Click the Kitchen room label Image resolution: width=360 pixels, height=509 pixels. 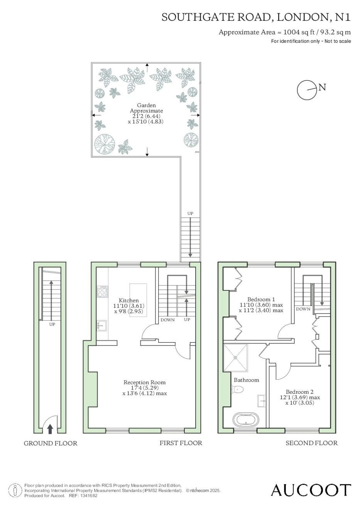(x=129, y=300)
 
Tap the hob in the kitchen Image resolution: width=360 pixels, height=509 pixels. (x=102, y=292)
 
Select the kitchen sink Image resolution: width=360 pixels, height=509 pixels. (x=101, y=326)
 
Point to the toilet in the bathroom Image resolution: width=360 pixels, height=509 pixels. (x=237, y=390)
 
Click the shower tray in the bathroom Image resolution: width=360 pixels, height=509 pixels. (x=236, y=358)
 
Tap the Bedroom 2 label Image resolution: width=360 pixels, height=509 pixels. (x=299, y=392)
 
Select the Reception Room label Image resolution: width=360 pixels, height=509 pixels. (x=144, y=383)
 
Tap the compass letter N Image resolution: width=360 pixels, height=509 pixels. (x=322, y=87)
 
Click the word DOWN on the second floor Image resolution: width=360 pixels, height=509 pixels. (x=303, y=309)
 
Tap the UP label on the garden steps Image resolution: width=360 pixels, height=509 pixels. (x=190, y=213)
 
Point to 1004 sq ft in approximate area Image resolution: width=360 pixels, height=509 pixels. (x=299, y=32)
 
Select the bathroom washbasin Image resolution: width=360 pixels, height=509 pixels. (x=262, y=401)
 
